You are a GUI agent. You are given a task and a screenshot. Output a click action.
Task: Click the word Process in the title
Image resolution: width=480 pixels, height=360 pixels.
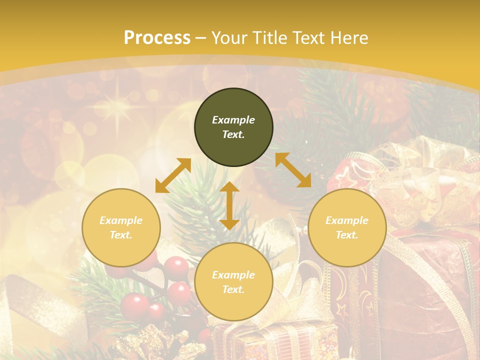[157, 38]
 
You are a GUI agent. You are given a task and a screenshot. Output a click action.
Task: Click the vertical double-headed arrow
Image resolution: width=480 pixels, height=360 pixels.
[229, 205]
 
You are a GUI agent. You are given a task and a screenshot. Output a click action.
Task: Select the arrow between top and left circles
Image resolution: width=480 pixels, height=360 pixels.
[173, 175]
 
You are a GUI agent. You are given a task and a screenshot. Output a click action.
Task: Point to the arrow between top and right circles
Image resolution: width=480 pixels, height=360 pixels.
[293, 170]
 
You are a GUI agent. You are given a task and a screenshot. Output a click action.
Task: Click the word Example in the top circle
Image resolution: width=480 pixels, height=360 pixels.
[233, 120]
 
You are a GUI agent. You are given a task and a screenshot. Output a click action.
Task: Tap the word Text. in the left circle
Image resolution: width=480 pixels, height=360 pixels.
[121, 235]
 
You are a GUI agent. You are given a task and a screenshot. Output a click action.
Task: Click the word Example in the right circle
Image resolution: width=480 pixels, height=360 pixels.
[347, 220]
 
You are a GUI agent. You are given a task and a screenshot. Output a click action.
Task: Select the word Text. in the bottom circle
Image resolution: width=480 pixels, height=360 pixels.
[233, 289]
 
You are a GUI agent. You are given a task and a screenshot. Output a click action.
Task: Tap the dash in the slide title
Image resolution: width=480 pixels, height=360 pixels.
[201, 38]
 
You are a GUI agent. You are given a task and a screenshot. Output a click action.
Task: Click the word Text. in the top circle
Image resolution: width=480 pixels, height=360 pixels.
[233, 134]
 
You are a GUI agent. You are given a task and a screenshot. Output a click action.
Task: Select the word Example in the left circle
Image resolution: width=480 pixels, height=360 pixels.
[121, 220]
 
